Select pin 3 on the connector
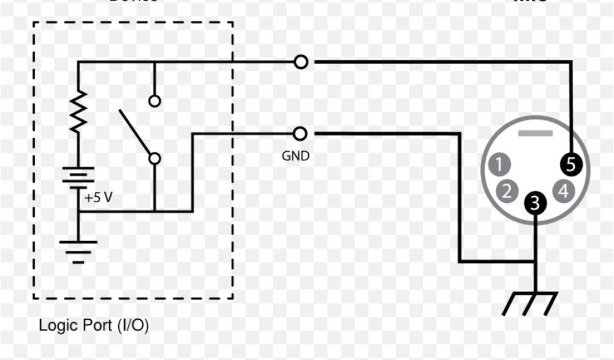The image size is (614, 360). (x=536, y=203)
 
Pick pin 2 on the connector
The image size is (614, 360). (x=507, y=191)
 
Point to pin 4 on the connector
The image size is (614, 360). (x=563, y=191)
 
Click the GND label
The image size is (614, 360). (x=296, y=157)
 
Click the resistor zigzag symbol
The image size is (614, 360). (x=79, y=112)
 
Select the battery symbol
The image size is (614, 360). (x=79, y=177)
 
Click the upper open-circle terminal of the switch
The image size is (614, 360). (x=155, y=101)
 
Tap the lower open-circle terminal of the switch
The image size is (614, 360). (x=155, y=158)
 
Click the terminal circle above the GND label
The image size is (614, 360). (x=301, y=133)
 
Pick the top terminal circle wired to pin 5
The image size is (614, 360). (x=301, y=61)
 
